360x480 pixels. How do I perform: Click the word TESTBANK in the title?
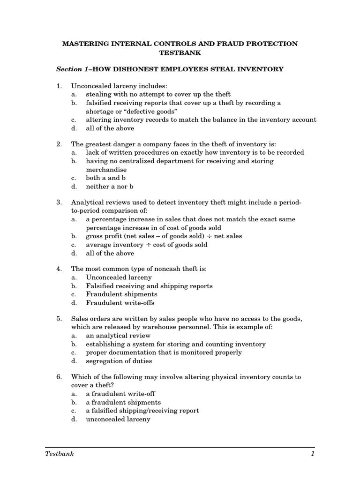[180, 53]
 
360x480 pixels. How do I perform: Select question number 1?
[59, 86]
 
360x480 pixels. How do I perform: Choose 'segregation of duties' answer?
[119, 361]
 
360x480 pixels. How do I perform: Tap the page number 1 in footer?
[312, 454]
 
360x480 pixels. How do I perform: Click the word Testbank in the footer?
[60, 454]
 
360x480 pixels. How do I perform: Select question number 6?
[59, 377]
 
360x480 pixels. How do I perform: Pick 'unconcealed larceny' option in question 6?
[118, 419]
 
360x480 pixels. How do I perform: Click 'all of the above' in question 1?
[110, 128]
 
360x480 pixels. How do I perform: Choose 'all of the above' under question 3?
[110, 253]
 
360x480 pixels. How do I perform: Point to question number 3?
[59, 202]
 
